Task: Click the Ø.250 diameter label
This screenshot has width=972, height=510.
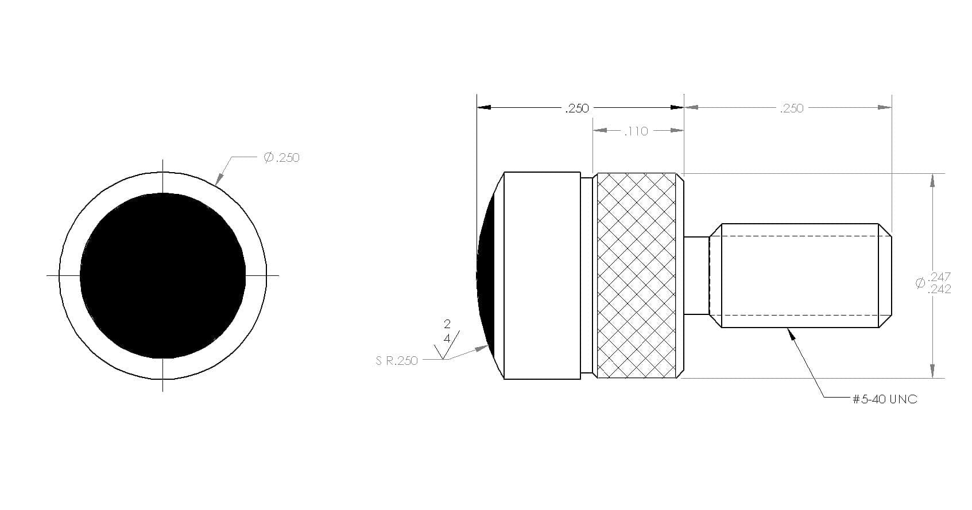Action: [x=282, y=157]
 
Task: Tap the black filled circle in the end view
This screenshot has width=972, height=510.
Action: [x=162, y=276]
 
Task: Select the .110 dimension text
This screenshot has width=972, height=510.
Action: [x=636, y=131]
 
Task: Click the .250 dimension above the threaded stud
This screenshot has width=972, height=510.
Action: [x=792, y=108]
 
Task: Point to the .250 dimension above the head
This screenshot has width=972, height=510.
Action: [x=577, y=108]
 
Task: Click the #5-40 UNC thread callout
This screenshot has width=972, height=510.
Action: [x=885, y=399]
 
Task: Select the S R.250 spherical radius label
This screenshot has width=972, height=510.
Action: [x=397, y=361]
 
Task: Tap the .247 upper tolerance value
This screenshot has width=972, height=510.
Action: [x=940, y=277]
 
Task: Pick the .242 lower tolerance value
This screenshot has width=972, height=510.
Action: [x=940, y=289]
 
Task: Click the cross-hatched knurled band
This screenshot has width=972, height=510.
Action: [x=636, y=276]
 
